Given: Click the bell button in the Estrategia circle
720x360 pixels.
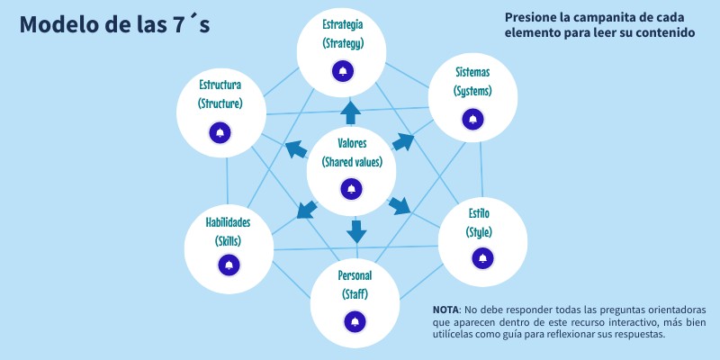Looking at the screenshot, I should pyautogui.click(x=342, y=71).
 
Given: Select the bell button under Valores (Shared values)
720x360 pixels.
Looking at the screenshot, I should pyautogui.click(x=351, y=188).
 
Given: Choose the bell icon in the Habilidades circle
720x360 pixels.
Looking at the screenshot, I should pyautogui.click(x=229, y=265).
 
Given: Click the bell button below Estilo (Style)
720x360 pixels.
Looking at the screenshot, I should pyautogui.click(x=481, y=258).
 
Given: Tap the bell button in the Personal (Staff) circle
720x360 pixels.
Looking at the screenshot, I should pyautogui.click(x=354, y=321).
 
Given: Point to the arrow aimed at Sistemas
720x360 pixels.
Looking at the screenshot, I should pyautogui.click(x=404, y=142).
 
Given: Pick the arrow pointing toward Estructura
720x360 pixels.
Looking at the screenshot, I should pyautogui.click(x=294, y=149).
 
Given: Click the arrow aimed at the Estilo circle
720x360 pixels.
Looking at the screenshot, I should pyautogui.click(x=399, y=206).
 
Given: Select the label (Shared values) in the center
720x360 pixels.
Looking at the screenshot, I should pyautogui.click(x=352, y=162).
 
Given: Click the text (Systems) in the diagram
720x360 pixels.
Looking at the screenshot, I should pyautogui.click(x=472, y=92).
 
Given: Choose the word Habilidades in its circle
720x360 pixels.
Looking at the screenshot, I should pyautogui.click(x=228, y=222).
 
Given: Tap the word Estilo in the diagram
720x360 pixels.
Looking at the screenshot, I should pyautogui.click(x=479, y=213).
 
